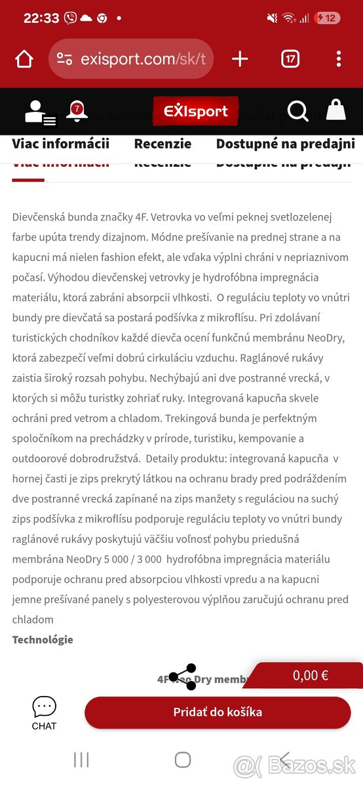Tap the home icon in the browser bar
(x=24, y=60)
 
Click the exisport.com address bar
(x=131, y=60)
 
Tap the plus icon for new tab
(x=240, y=60)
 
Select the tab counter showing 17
(x=290, y=60)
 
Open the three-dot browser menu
(x=338, y=60)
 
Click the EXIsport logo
(x=195, y=111)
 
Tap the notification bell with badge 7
(x=77, y=111)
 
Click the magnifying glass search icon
(x=297, y=112)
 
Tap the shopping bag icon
(x=335, y=111)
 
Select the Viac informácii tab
(x=60, y=144)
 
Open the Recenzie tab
(x=162, y=144)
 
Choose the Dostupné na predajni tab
(x=285, y=144)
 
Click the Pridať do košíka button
(x=218, y=712)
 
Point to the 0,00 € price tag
(x=311, y=675)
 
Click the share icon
(x=182, y=677)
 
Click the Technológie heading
(x=43, y=640)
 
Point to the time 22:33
(x=41, y=18)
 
